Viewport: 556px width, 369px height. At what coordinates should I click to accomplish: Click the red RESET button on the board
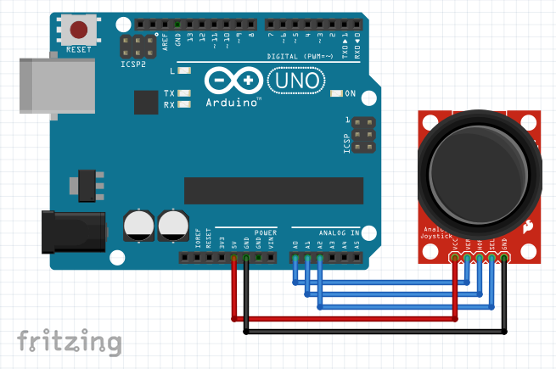point(79,31)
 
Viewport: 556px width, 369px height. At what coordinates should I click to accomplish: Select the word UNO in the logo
point(296,81)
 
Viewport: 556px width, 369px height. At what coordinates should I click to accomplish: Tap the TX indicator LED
point(184,93)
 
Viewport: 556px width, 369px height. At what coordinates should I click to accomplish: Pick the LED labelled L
point(184,71)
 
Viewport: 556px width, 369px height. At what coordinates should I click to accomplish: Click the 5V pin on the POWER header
point(233,257)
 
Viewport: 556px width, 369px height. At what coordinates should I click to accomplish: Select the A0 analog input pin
point(295,257)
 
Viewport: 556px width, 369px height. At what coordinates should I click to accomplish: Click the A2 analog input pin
point(320,257)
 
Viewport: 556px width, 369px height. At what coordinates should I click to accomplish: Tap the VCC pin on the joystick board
point(456,257)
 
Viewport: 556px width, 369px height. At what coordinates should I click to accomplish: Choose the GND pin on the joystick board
point(504,257)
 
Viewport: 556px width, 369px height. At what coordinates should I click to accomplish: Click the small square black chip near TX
point(146,103)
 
